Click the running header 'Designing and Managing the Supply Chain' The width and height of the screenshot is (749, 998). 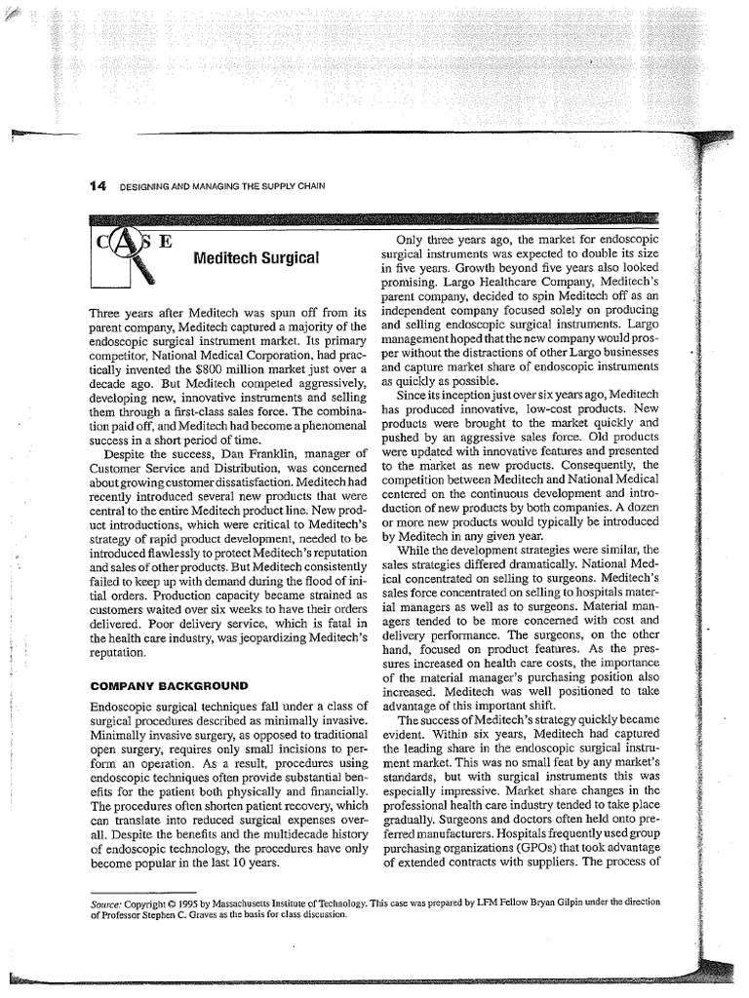221,186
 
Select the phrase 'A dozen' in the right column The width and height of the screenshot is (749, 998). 638,508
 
